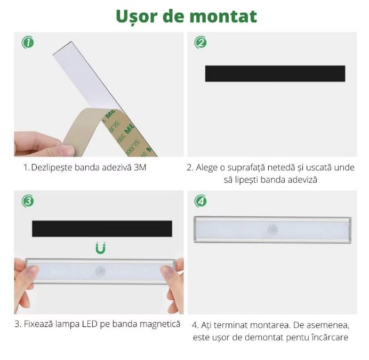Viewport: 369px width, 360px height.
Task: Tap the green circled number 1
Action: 28,43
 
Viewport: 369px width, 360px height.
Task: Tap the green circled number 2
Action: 200,43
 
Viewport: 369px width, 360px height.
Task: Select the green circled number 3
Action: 28,201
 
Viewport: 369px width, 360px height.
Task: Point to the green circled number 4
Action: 200,201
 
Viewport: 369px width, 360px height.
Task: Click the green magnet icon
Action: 100,248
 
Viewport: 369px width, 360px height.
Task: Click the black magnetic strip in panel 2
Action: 275,73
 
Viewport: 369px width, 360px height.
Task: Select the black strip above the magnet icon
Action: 102,228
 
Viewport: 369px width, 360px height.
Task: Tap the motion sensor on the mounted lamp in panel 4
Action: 272,230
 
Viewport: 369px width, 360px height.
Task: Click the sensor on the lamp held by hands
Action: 100,272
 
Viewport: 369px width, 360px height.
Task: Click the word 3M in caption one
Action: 140,168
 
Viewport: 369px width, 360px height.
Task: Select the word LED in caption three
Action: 90,324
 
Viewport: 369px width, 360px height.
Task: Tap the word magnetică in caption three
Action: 160,324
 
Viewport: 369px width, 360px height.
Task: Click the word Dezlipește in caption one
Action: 52,168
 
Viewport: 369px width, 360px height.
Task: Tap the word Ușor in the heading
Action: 137,17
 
